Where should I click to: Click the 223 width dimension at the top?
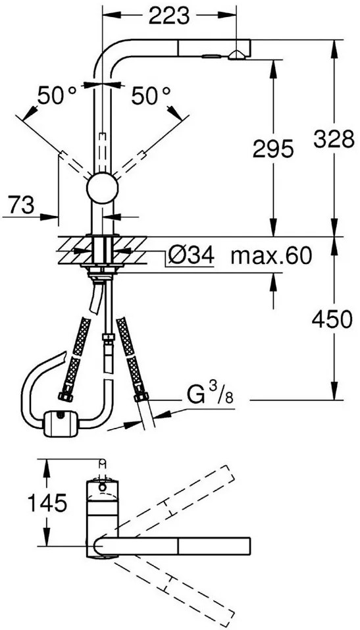pyautogui.click(x=169, y=15)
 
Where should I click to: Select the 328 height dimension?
pyautogui.click(x=334, y=140)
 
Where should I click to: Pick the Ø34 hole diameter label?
pyautogui.click(x=192, y=255)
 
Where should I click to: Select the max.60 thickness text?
pyautogui.click(x=271, y=255)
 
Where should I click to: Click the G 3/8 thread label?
pyautogui.click(x=209, y=397)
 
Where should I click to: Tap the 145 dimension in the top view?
pyautogui.click(x=47, y=503)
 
